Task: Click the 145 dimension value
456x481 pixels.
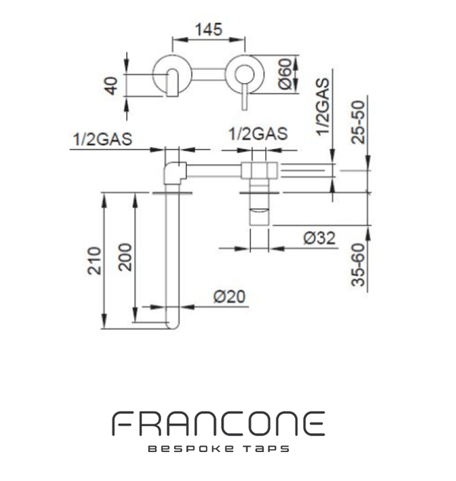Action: pos(208,30)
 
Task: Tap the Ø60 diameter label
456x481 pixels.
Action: pos(285,74)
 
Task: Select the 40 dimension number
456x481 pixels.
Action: pos(111,86)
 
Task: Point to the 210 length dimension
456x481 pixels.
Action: pos(94,260)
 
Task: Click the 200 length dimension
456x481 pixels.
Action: pos(125,257)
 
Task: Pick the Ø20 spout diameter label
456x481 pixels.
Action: pos(230,297)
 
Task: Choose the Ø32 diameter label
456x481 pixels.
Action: pos(319,238)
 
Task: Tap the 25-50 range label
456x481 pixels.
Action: pos(358,122)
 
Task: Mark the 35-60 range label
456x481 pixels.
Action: pos(358,265)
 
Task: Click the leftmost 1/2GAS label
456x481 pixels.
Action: pos(103,139)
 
